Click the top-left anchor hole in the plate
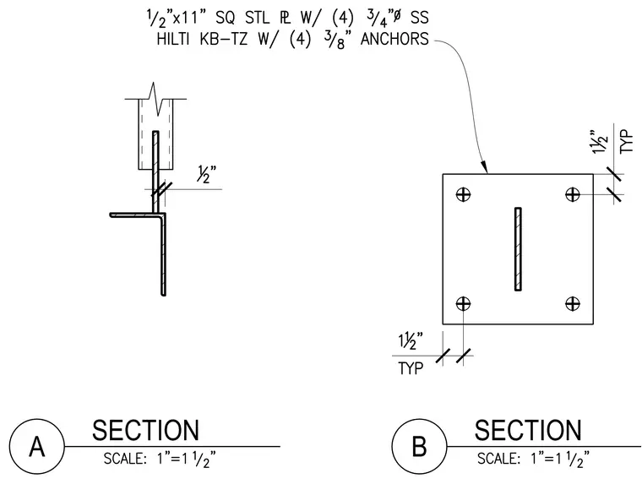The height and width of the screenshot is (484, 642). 463,194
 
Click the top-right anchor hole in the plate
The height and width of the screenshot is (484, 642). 573,194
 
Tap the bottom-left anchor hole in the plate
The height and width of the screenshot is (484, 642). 463,304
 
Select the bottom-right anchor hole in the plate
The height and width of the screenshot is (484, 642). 573,304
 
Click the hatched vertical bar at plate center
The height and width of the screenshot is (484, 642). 518,249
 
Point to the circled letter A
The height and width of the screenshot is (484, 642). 37,447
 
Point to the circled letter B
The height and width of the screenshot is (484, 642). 419,447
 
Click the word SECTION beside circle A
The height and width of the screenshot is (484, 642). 146,430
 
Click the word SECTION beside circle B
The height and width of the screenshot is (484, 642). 528,430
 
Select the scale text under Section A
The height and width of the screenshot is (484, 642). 160,459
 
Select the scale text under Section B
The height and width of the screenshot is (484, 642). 534,459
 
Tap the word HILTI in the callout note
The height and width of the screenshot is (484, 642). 173,40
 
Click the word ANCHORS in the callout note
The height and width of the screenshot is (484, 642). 394,40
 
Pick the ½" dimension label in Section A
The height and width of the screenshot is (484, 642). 207,175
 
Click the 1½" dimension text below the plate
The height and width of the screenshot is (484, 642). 411,342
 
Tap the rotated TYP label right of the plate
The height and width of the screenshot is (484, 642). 627,142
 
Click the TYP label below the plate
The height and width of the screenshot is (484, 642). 411,368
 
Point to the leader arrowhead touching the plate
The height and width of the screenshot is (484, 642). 484,166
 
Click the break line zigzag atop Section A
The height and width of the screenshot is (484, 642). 155,99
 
